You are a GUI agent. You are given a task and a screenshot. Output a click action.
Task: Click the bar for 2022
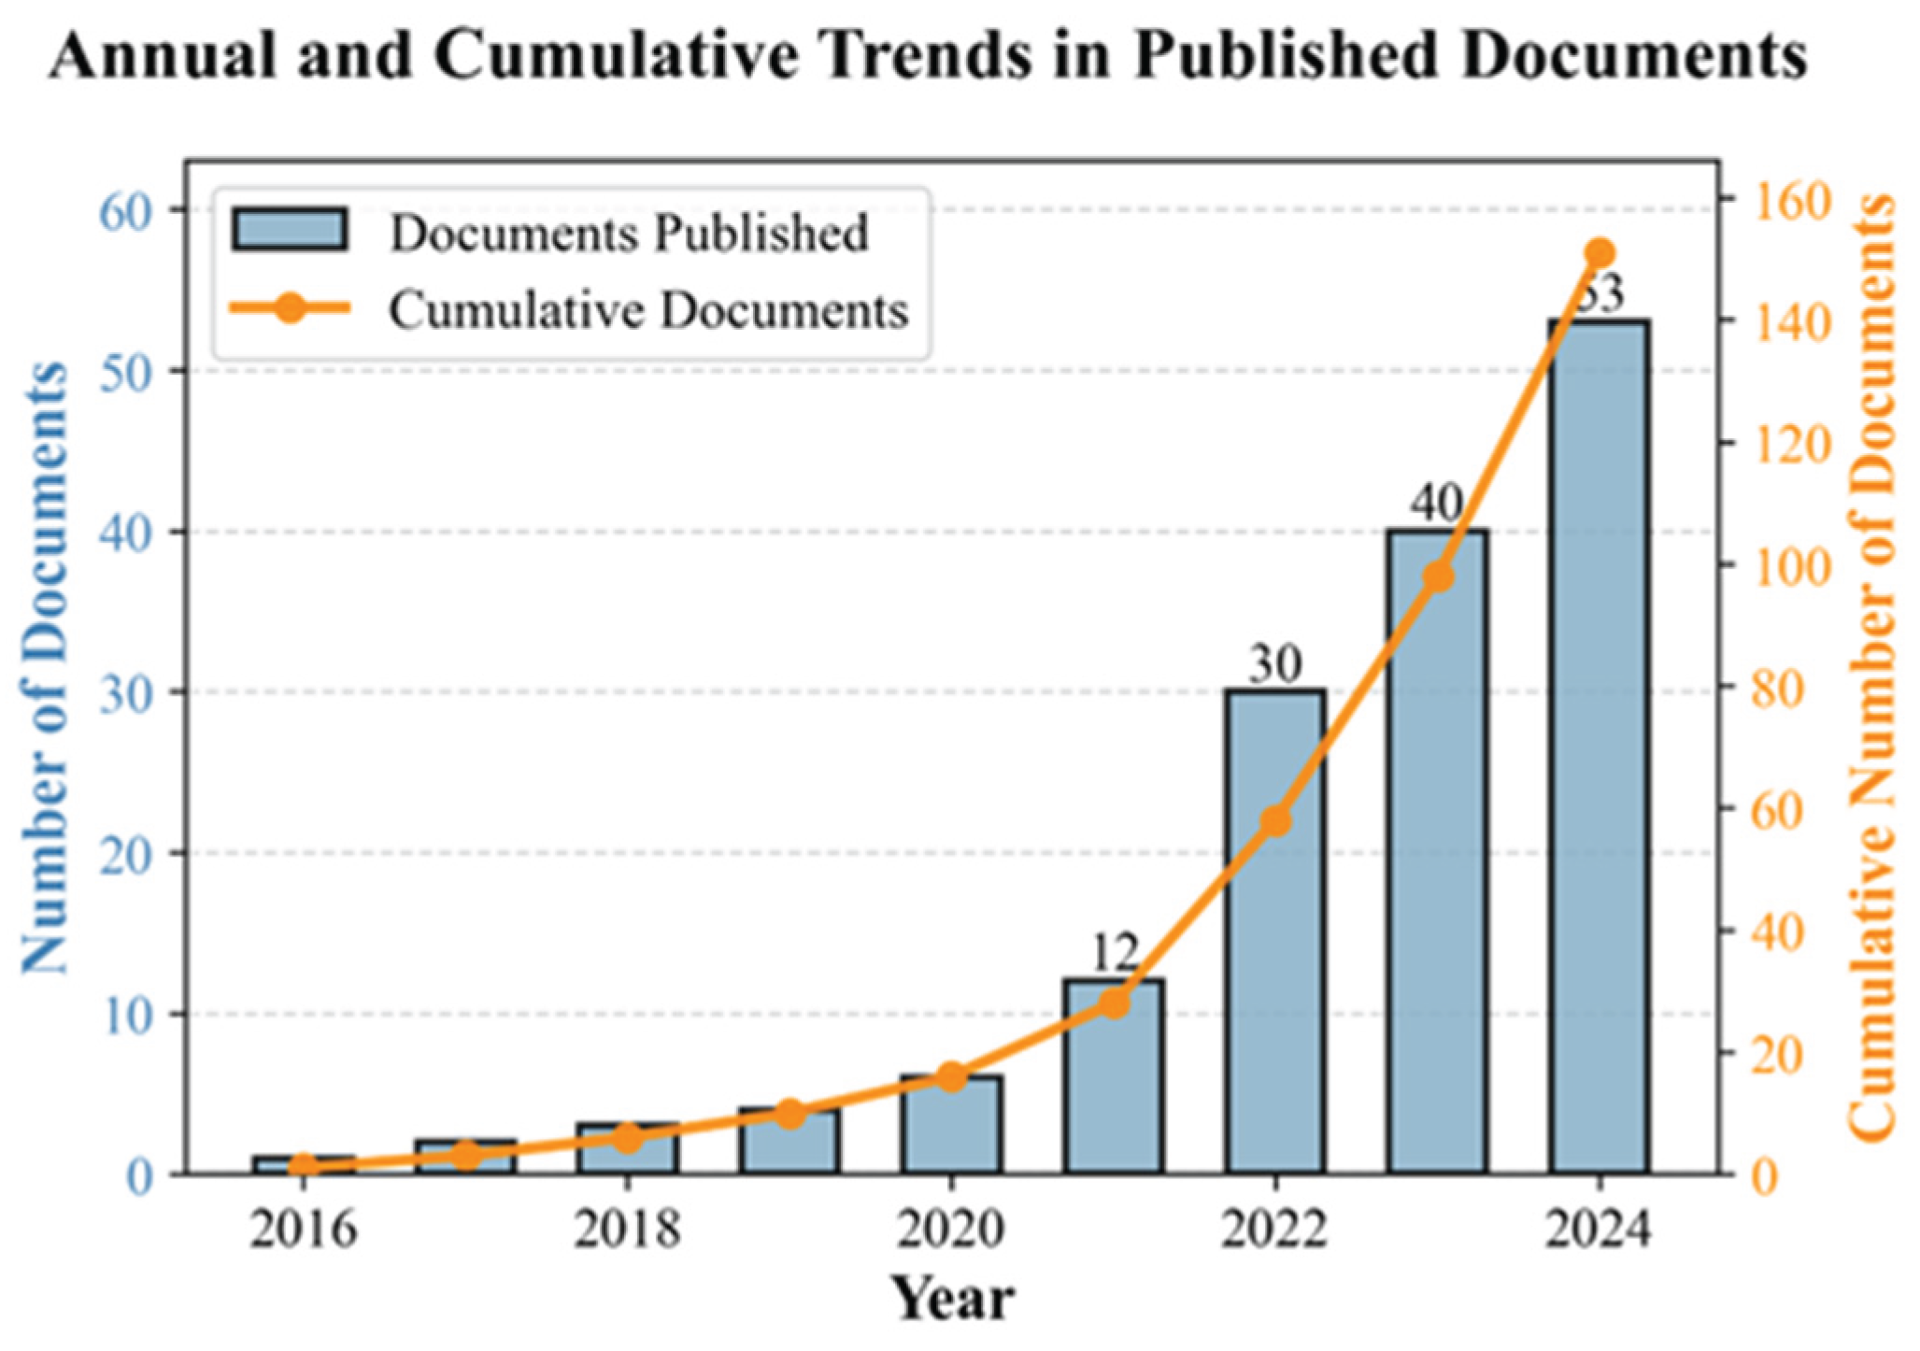point(1275,934)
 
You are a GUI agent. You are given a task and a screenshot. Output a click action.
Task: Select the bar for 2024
point(1599,747)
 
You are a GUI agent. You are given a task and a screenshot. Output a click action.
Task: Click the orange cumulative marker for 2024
point(1600,253)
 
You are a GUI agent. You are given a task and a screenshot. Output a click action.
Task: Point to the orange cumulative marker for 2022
point(1275,822)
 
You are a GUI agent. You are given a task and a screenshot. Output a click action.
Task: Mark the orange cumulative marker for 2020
point(951,1077)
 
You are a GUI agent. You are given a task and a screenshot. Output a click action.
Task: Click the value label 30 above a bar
point(1275,665)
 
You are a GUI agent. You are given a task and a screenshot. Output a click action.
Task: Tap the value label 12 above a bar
point(1114,954)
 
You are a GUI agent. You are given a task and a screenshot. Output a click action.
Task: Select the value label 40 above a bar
point(1437,505)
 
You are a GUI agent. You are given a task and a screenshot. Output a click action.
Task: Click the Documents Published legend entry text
point(629,233)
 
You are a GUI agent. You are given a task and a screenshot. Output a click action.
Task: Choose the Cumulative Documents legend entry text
point(648,310)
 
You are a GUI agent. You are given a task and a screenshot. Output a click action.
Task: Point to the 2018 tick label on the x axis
point(627,1229)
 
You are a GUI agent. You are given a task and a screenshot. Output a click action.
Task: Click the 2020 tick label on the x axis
point(951,1229)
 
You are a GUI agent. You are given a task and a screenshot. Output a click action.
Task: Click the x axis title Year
point(951,1299)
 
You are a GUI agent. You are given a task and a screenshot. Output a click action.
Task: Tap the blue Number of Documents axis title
point(45,668)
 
